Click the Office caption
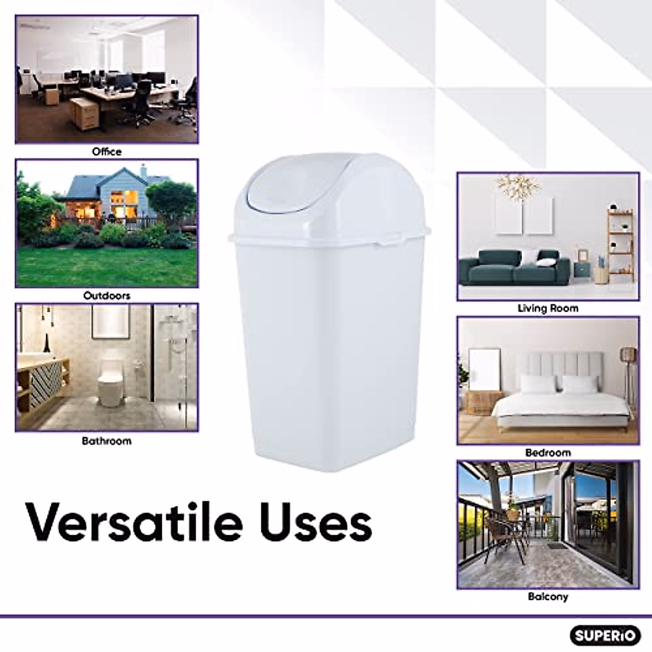106,152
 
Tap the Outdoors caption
106,296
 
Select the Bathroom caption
106,441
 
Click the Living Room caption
548,308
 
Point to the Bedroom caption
548,453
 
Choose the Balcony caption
548,597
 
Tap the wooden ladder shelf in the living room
620,244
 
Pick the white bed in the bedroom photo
549,402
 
